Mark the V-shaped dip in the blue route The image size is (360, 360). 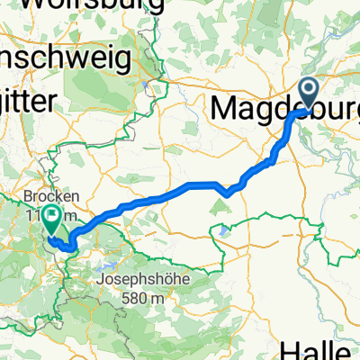229,190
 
